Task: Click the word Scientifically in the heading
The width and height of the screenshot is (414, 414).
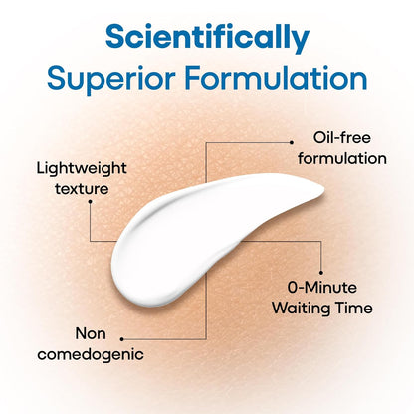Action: tap(207, 38)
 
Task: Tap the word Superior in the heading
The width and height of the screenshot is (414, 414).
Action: tap(111, 79)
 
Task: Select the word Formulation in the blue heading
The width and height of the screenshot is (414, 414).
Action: tap(276, 78)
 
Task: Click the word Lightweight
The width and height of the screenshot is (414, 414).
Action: tap(82, 169)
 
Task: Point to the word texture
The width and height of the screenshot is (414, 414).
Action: tap(82, 189)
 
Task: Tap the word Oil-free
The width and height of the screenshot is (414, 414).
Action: tap(342, 138)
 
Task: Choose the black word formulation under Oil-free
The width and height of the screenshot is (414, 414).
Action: tap(342, 158)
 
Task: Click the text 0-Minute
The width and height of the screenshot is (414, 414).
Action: tap(322, 288)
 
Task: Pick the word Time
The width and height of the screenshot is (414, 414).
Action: tap(354, 308)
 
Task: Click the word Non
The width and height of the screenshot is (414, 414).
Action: tap(91, 333)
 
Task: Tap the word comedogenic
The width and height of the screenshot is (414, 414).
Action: tap(91, 355)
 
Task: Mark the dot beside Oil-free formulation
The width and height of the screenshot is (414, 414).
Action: tap(292, 142)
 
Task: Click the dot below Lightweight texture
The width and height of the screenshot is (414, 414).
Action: tap(90, 201)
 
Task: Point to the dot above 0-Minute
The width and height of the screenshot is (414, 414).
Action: tap(321, 273)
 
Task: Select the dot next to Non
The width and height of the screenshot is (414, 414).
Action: tap(122, 339)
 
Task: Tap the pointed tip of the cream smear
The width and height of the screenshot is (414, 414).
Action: tap(324, 191)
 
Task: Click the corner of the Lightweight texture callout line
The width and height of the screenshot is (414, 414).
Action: tap(90, 241)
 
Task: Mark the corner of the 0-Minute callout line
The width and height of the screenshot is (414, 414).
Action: tap(321, 241)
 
